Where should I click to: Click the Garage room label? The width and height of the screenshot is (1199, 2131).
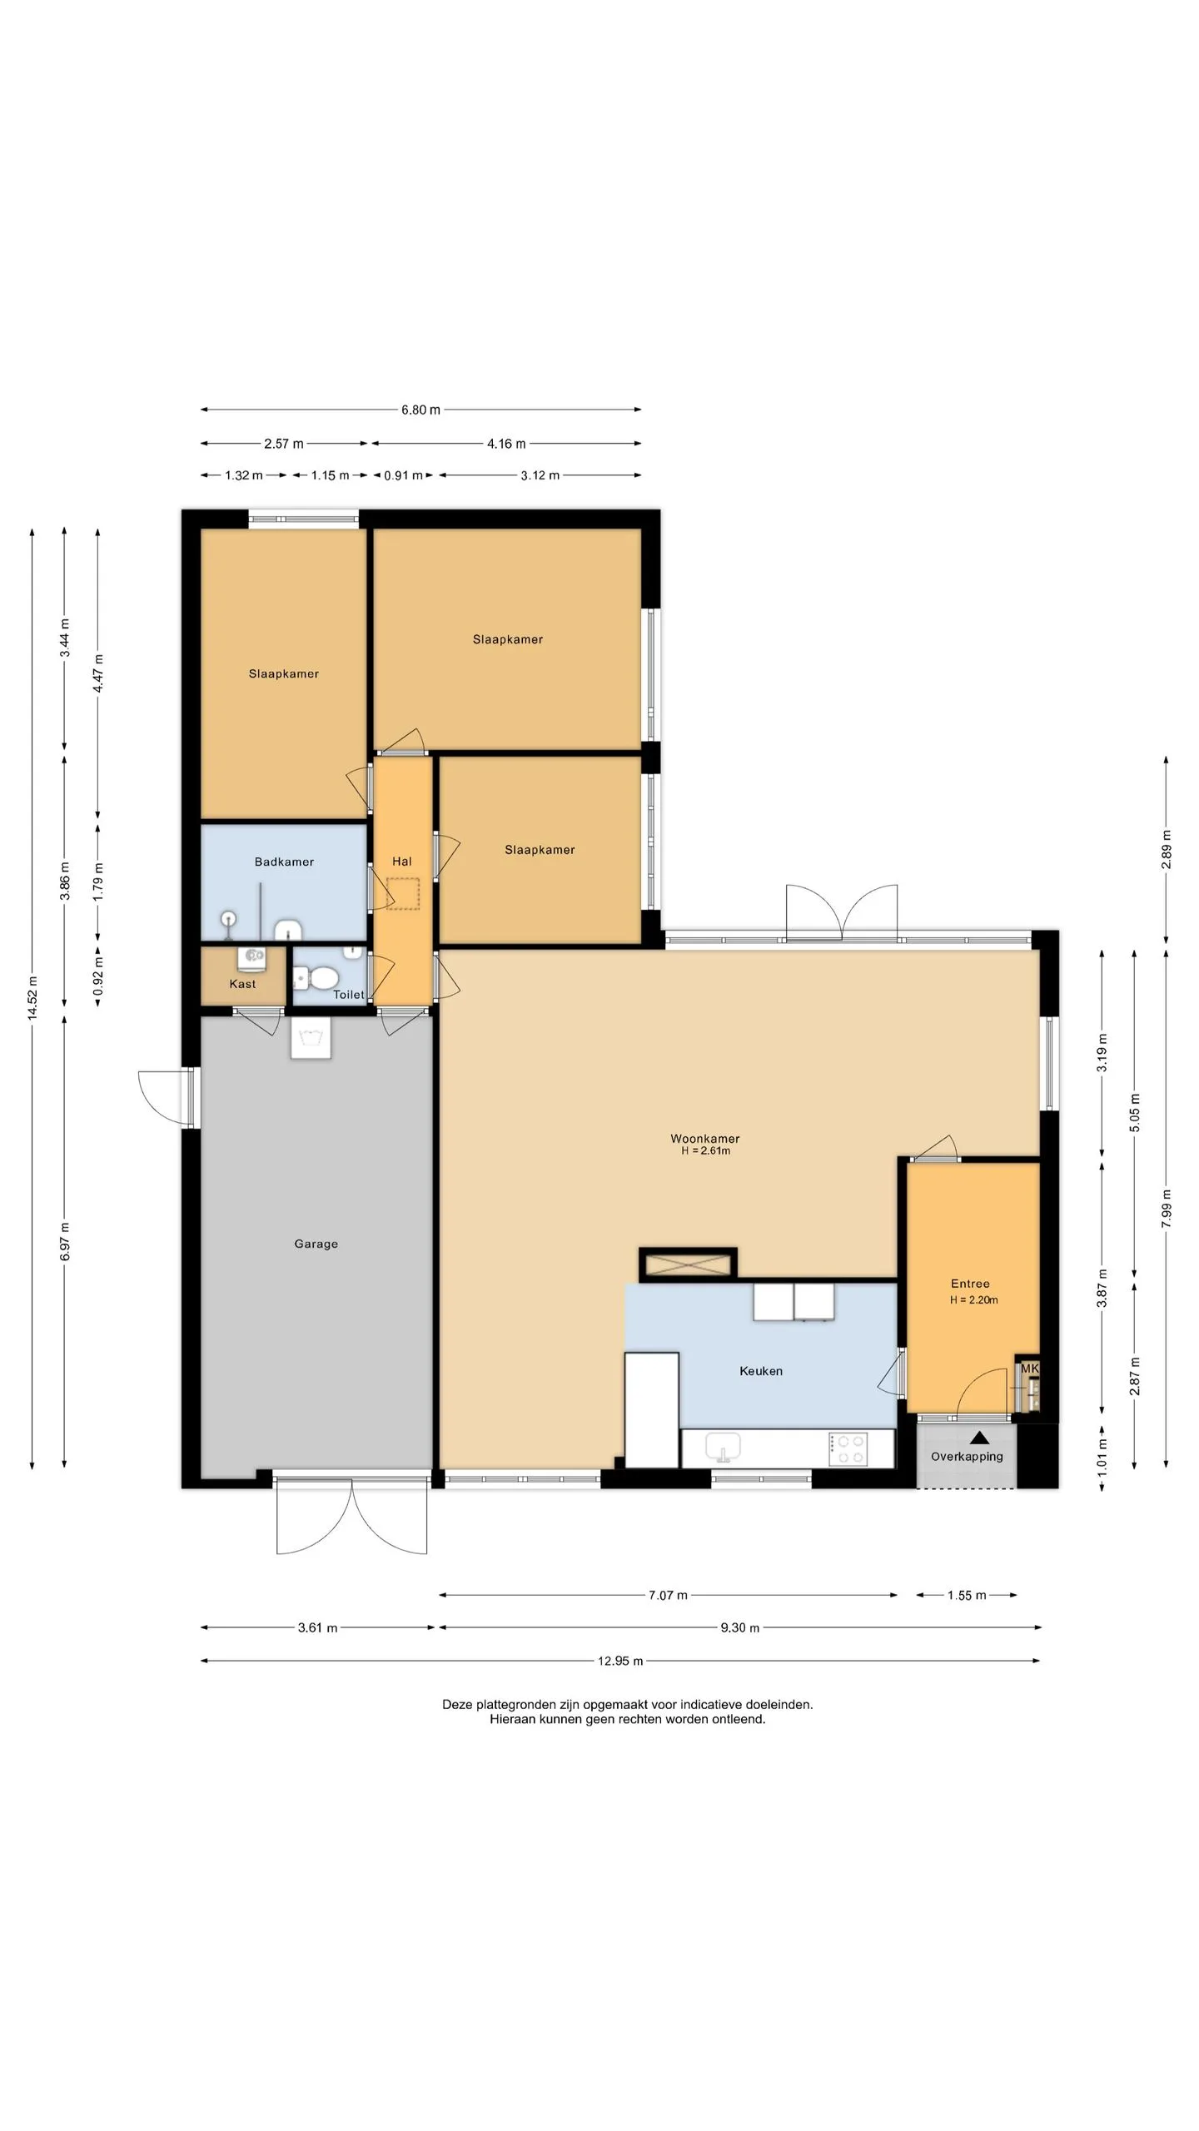point(316,1244)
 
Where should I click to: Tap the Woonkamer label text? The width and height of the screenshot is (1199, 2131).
point(704,1138)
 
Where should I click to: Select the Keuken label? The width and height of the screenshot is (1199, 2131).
point(761,1371)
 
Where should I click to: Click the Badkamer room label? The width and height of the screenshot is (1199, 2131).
point(284,862)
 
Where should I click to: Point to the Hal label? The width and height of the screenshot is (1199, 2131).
point(402,862)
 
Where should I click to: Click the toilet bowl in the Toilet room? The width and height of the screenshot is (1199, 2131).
point(318,977)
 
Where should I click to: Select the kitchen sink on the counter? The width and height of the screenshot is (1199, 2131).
point(723,1448)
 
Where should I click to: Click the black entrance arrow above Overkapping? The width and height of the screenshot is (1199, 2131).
point(979,1437)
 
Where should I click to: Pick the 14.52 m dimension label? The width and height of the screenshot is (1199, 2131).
point(32,997)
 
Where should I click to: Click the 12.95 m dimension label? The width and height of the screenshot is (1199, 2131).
point(620,1661)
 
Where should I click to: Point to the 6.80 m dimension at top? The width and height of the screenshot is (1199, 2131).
point(420,410)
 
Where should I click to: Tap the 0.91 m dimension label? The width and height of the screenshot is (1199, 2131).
point(403,475)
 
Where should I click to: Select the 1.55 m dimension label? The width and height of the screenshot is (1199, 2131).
point(967,1595)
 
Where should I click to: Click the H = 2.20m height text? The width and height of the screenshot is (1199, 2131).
point(974,1299)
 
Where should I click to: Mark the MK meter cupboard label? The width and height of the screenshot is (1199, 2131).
point(1030,1368)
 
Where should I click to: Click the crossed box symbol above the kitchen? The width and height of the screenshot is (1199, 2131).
point(688,1264)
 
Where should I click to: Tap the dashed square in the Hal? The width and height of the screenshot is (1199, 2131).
point(403,893)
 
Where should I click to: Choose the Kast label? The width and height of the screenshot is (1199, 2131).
point(242,984)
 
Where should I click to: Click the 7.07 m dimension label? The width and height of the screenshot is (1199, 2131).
point(668,1595)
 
